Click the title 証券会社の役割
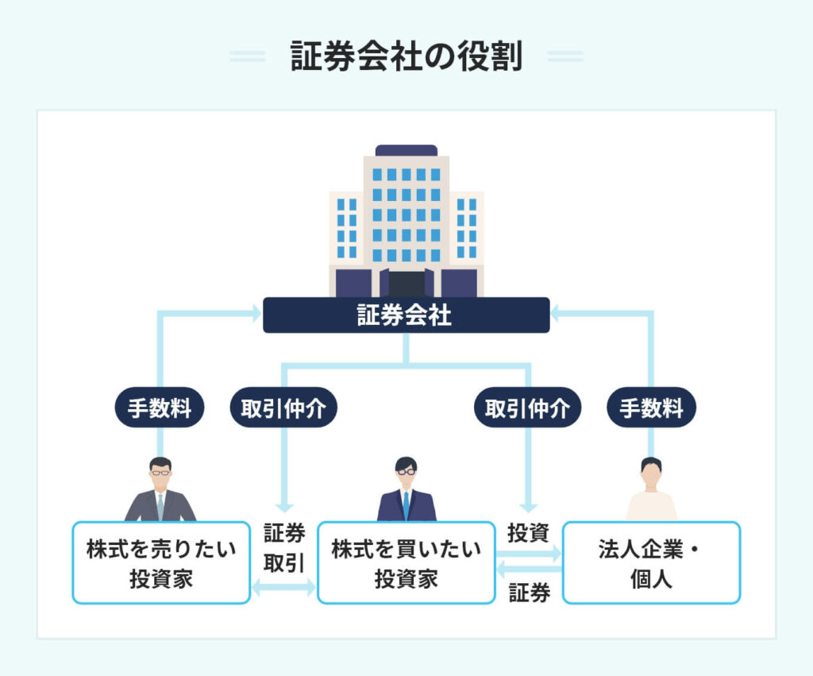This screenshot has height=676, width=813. (x=406, y=57)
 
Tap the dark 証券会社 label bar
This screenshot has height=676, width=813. (x=406, y=315)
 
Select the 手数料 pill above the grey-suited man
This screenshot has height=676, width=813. (x=160, y=408)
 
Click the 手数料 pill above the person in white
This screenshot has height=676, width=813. (x=651, y=408)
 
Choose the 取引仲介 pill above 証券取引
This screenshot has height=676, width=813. (x=283, y=408)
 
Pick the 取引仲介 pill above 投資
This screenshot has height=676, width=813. (x=528, y=408)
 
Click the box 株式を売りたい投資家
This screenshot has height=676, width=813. (x=161, y=562)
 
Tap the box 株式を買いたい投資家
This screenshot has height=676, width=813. (x=406, y=562)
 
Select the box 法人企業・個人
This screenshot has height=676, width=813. (x=651, y=562)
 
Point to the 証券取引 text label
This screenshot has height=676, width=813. (x=283, y=547)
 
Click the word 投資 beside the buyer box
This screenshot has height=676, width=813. (x=529, y=533)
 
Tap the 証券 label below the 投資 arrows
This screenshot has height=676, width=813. (x=529, y=593)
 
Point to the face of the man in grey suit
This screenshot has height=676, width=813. (x=160, y=475)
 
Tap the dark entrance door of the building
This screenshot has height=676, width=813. (x=406, y=284)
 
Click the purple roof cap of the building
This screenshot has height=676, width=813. (x=406, y=150)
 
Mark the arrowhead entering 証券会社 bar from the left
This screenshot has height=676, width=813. (x=256, y=315)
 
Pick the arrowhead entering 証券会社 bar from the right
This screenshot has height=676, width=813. (x=556, y=315)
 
